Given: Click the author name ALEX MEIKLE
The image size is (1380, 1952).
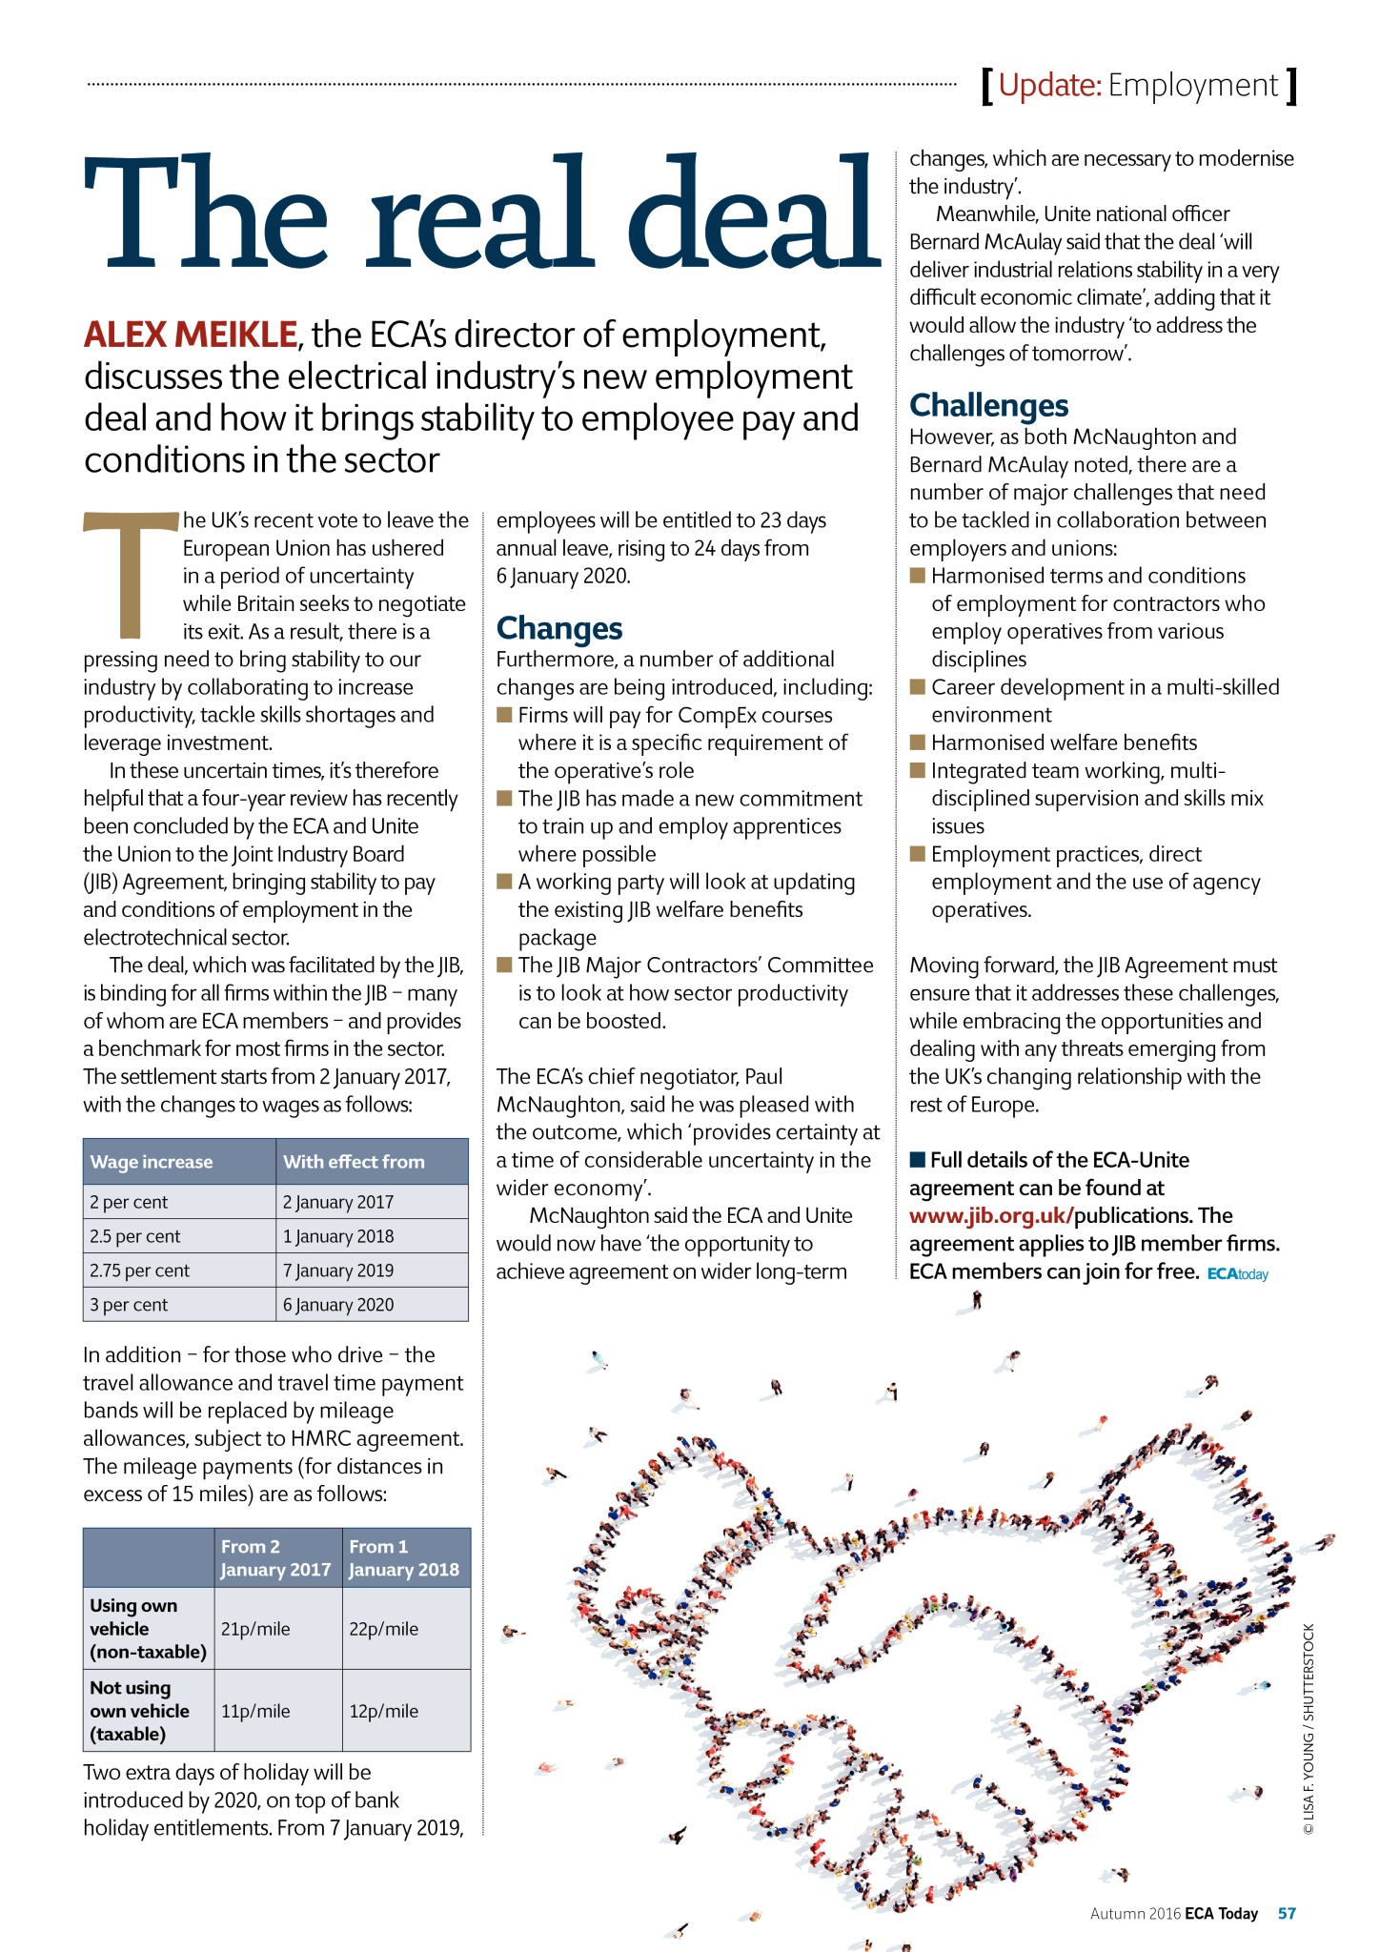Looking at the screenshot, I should coord(191,335).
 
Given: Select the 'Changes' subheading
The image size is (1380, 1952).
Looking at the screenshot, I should coord(559,629).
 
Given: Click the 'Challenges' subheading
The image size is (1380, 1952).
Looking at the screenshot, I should coord(988,406).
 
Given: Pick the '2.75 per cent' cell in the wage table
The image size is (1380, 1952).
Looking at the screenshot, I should coord(139,1271).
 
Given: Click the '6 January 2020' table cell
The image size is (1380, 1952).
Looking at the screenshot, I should coord(338,1305).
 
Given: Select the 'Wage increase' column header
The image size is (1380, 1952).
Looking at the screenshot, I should coord(152,1162).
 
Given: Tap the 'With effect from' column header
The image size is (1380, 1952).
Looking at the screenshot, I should coord(354,1162).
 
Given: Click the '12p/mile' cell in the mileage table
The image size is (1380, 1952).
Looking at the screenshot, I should coord(384,1711).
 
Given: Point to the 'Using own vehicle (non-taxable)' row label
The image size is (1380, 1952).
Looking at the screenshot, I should coord(148,1629).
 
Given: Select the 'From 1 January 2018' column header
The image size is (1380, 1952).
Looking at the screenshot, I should coord(404,1558).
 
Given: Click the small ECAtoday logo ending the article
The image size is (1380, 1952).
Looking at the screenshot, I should coord(1237,1274).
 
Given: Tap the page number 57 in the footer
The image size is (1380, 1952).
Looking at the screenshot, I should coord(1287,1914).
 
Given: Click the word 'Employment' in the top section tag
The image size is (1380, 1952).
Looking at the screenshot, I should coord(1192,86).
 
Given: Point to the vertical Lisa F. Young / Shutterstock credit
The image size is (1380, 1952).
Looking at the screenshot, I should coord(1309,1730).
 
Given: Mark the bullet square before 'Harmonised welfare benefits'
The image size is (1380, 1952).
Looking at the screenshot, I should coord(918,742).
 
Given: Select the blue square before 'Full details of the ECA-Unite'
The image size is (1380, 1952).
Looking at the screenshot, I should coord(918,1160).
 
